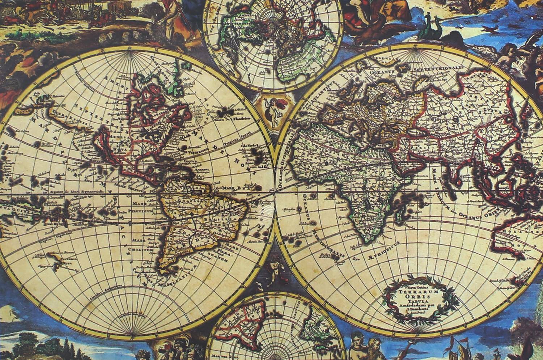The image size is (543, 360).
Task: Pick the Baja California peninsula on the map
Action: (102, 143)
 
